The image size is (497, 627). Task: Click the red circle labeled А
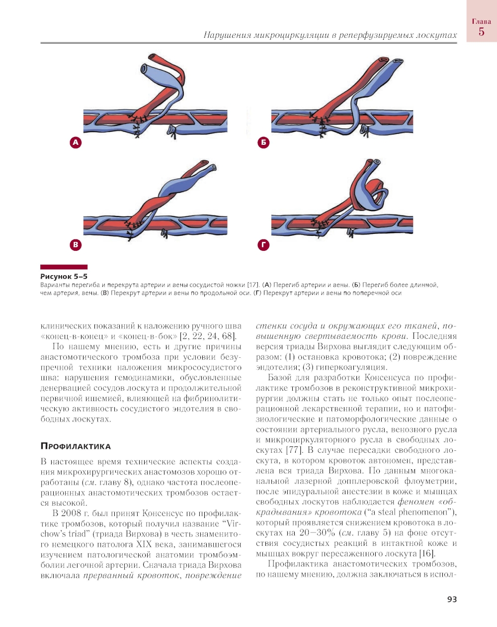coord(76,143)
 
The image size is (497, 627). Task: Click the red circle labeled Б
coord(263,143)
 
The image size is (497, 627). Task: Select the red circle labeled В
coord(76,245)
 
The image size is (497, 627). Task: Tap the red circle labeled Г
coord(263,245)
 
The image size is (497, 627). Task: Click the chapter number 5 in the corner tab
coord(481,32)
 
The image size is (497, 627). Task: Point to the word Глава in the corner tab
coord(481,21)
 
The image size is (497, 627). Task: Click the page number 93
coord(452,600)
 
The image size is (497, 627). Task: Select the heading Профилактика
coord(76,446)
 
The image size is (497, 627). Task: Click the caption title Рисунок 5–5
coord(64,276)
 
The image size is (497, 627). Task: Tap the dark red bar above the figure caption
coord(64,267)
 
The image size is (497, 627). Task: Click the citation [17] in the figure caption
coord(253,285)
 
